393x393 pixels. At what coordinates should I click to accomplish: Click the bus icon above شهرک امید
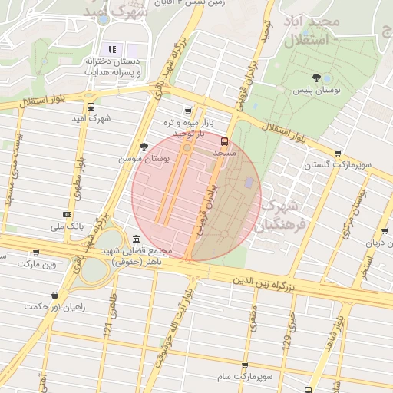click(x=91, y=107)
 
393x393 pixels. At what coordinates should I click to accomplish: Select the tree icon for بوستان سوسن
click(x=144, y=147)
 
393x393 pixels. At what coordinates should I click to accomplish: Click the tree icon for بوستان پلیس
click(x=316, y=77)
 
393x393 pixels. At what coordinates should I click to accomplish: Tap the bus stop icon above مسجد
click(x=225, y=141)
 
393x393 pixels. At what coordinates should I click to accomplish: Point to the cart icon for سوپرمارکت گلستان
click(x=338, y=153)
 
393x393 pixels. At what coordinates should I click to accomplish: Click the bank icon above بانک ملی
click(x=67, y=214)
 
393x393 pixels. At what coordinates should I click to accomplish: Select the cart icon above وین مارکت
click(x=36, y=252)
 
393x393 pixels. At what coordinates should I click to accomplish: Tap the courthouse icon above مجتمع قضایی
click(x=136, y=239)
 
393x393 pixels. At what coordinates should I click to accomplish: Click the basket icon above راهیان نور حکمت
click(x=54, y=295)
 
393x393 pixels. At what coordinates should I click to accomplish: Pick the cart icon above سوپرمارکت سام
click(x=244, y=365)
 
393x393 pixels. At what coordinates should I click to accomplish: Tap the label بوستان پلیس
click(x=316, y=90)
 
